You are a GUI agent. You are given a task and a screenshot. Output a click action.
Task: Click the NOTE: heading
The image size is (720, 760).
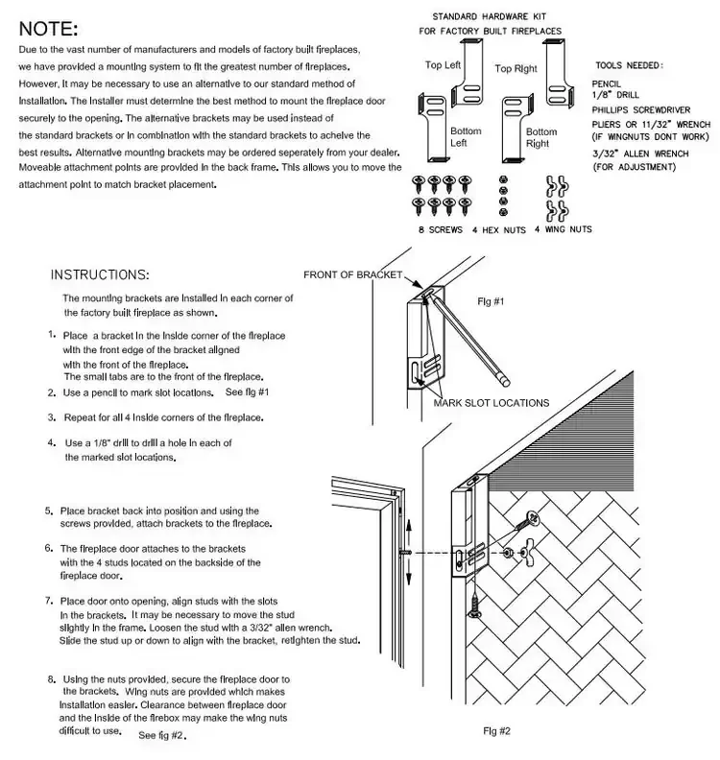[49, 30]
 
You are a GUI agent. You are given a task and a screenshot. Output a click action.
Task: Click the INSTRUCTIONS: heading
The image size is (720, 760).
[99, 274]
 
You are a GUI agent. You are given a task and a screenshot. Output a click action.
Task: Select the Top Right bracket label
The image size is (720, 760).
[516, 69]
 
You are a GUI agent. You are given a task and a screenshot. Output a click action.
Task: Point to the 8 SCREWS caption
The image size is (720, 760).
[435, 230]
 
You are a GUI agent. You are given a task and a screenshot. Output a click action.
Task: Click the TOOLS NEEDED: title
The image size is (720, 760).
[629, 66]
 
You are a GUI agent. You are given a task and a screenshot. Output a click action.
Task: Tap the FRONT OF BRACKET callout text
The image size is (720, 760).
[352, 275]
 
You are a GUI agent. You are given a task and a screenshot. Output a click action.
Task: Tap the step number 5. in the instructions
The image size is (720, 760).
[49, 511]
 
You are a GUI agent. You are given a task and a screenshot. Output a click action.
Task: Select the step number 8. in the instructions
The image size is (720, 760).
[51, 678]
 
